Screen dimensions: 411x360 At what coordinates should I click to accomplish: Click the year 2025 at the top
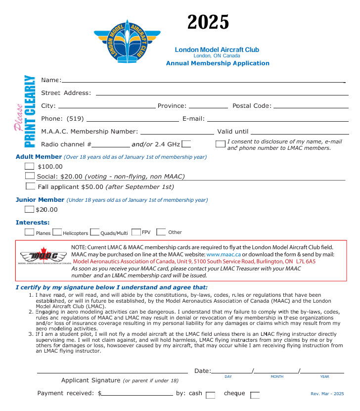coord(208,22)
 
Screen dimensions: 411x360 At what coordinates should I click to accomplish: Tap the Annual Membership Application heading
coord(218,63)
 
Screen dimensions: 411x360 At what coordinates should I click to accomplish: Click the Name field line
coord(203,80)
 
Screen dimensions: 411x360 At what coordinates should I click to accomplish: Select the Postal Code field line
coord(311,106)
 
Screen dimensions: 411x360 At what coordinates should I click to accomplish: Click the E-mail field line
coord(277,119)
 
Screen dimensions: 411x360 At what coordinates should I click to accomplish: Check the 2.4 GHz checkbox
coord(186,144)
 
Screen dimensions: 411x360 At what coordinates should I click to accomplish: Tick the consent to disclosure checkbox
coord(220,144)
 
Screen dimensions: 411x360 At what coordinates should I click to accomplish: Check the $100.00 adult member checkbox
coord(30,166)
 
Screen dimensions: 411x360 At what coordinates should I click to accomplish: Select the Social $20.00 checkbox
coord(30,176)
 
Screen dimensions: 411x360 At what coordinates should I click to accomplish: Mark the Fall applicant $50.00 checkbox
coord(30,186)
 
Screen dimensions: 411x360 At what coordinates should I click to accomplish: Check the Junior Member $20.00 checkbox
coord(29,209)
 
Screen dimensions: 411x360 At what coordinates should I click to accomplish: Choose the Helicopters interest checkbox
coord(57,232)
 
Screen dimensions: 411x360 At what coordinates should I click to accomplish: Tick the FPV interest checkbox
coord(136,231)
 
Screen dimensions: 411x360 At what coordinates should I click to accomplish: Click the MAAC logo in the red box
coord(45,257)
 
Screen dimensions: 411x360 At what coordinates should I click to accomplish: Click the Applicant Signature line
coord(112,371)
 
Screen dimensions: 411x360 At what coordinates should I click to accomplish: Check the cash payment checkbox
coord(210,395)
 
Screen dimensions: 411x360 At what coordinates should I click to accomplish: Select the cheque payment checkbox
coord(255,395)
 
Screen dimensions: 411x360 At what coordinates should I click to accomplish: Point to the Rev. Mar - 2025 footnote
coord(327,394)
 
